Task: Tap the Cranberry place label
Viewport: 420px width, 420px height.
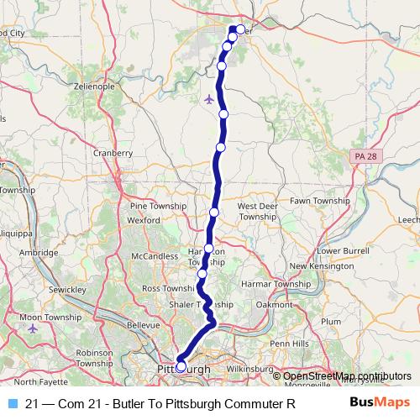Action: click(113, 153)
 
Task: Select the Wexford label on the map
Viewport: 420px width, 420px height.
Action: click(143, 220)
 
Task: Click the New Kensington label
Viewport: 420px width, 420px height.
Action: click(318, 266)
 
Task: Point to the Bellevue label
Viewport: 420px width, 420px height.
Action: click(142, 324)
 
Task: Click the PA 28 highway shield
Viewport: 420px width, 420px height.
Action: click(362, 156)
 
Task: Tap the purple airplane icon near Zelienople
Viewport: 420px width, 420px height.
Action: click(209, 99)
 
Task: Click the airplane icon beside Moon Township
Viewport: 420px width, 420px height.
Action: click(34, 328)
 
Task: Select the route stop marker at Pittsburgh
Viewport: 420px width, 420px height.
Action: click(181, 366)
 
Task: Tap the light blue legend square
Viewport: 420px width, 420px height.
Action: click(10, 403)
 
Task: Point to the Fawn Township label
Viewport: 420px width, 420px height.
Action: click(319, 202)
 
